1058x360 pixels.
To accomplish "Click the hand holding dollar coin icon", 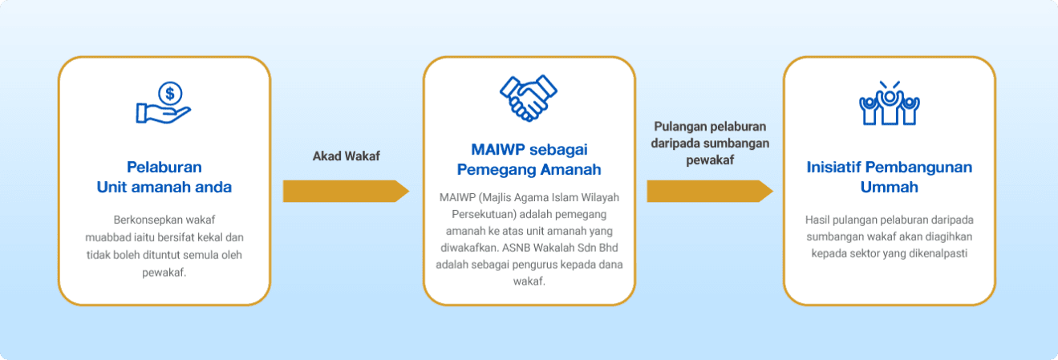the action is [x=164, y=103].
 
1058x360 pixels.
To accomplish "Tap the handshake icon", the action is [x=529, y=98].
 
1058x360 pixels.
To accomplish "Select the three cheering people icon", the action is [x=890, y=103].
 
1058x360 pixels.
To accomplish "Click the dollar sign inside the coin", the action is [x=170, y=94].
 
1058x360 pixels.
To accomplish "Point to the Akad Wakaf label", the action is [x=347, y=156].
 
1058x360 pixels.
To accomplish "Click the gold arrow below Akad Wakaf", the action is [x=347, y=191].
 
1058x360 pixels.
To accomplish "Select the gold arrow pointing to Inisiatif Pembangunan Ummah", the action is [x=710, y=191].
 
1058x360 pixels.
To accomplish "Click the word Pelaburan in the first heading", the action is [x=164, y=167].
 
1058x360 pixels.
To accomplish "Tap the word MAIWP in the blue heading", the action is [x=498, y=150].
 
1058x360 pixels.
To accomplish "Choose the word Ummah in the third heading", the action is [x=890, y=188].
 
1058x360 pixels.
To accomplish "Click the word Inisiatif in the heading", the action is [x=833, y=167].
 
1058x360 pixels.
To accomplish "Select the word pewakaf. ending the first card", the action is [x=164, y=273].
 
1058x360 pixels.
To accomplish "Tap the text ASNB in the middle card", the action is [x=516, y=248].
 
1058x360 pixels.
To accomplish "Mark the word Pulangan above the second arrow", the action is [x=680, y=127].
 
